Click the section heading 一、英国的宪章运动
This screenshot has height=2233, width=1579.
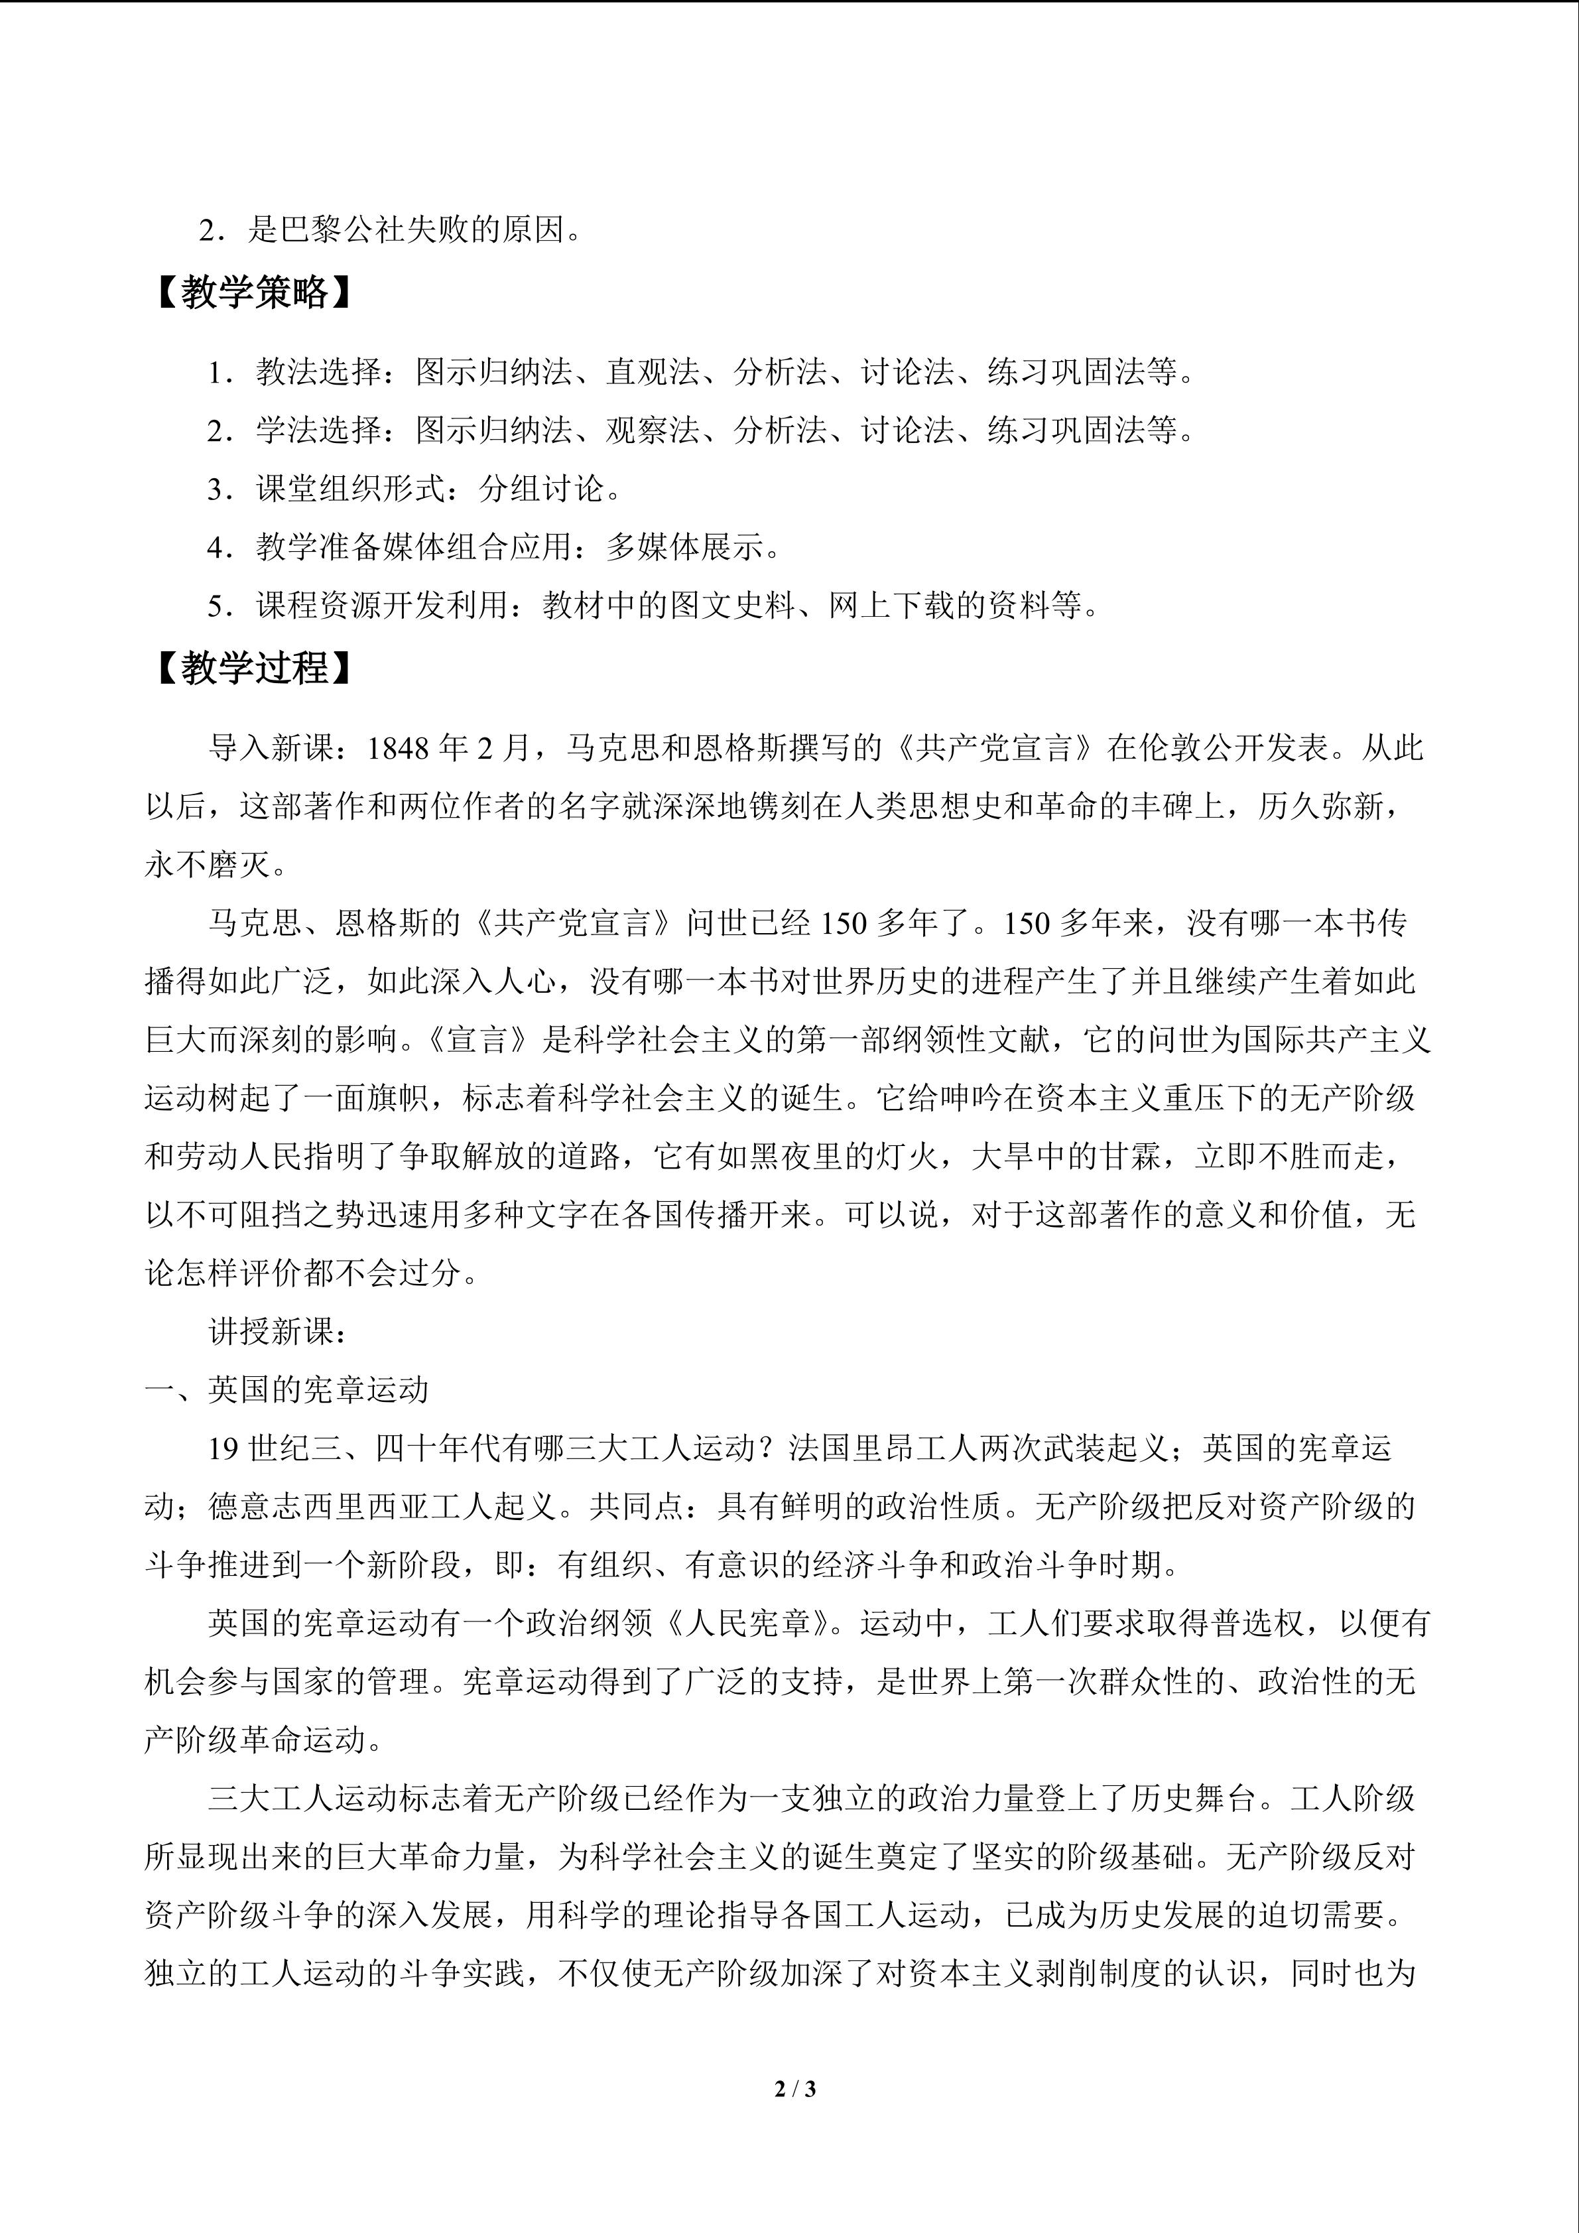pyautogui.click(x=287, y=1390)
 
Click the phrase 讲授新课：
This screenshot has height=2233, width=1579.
pyautogui.click(x=277, y=1332)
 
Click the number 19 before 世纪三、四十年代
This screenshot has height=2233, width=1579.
pyautogui.click(x=223, y=1448)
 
